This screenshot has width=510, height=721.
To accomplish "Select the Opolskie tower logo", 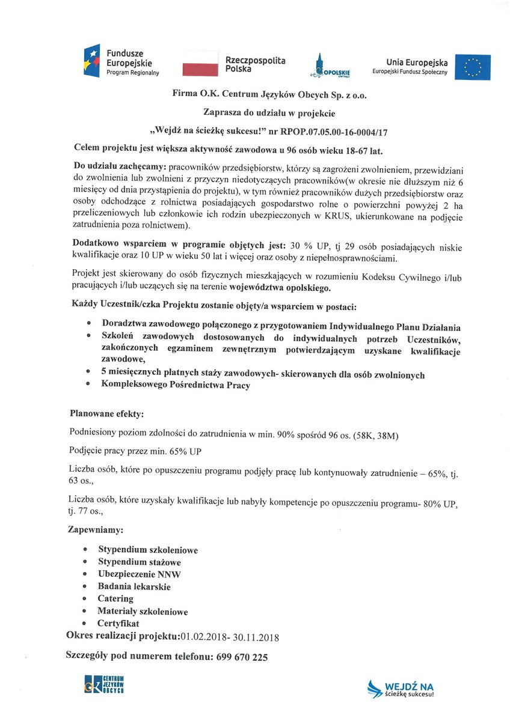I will (319, 65).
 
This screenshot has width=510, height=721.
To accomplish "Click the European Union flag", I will (472, 67).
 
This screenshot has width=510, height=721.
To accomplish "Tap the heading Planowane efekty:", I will (106, 414).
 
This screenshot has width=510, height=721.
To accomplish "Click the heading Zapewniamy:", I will (96, 531).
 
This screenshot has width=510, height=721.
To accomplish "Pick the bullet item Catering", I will (115, 598).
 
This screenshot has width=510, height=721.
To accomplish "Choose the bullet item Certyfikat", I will (118, 624).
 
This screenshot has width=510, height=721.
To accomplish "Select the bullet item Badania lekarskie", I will (134, 586).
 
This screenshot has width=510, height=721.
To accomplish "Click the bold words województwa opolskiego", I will (281, 288).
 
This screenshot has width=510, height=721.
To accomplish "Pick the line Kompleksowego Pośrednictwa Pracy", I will (176, 386).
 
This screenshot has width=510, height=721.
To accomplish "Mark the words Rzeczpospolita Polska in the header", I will (255, 65).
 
